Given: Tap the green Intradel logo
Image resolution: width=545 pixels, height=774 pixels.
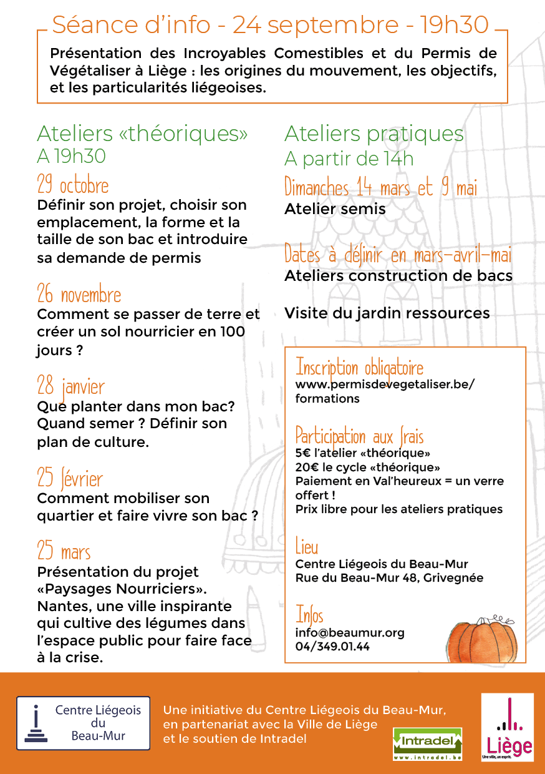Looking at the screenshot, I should (x=427, y=743).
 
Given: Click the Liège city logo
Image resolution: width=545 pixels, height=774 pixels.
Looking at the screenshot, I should (x=507, y=728).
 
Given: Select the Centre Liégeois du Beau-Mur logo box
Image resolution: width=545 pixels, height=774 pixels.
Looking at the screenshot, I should (x=83, y=723).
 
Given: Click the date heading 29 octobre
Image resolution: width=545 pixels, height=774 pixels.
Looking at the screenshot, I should (x=72, y=185).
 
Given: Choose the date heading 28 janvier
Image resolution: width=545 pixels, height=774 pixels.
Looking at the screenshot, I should (x=70, y=386).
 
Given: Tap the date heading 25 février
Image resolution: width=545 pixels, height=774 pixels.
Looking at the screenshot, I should (x=70, y=479).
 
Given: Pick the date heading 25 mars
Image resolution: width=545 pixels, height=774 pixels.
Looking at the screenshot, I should (x=64, y=552).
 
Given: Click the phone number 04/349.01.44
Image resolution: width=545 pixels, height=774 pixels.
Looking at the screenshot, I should (x=332, y=647).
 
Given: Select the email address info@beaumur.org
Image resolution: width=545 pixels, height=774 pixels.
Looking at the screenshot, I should (x=350, y=632).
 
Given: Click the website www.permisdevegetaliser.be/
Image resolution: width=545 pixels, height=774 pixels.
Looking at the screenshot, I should (x=385, y=385).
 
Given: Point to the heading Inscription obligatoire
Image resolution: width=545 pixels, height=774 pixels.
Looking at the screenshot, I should (x=359, y=367).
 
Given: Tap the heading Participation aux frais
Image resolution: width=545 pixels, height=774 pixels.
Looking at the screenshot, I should (x=359, y=436).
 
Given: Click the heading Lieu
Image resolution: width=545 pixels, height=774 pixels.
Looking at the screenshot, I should (x=307, y=547).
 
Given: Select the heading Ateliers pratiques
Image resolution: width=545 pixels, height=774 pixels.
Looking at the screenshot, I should (x=374, y=134).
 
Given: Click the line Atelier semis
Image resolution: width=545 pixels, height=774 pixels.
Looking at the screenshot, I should (x=335, y=209).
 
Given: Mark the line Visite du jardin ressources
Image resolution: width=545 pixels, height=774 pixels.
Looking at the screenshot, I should (x=387, y=313).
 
